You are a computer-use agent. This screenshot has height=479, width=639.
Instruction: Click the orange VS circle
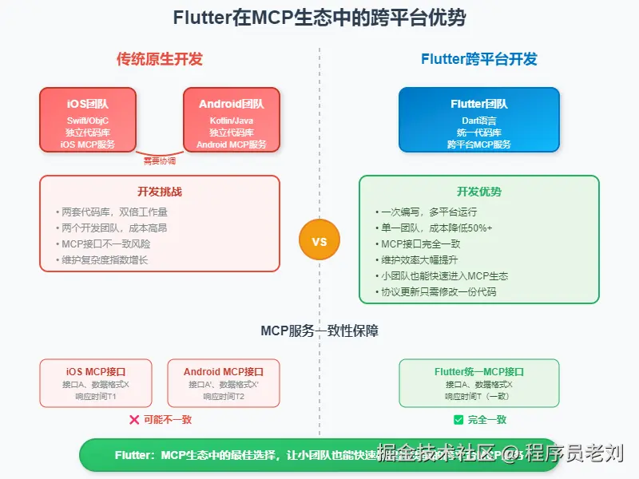pyautogui.click(x=319, y=241)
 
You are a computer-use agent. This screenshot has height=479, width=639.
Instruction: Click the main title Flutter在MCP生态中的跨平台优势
pyautogui.click(x=319, y=18)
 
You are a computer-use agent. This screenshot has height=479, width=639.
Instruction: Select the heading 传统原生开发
pyautogui.click(x=160, y=59)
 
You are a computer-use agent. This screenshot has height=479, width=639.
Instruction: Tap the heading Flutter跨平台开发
pyautogui.click(x=479, y=59)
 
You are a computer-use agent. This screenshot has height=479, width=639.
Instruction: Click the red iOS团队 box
pyautogui.click(x=88, y=120)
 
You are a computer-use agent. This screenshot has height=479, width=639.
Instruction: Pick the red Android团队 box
pyautogui.click(x=232, y=120)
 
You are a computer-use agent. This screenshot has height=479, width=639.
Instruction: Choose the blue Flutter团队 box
pyautogui.click(x=479, y=120)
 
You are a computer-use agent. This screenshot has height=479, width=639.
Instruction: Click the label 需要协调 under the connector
pyautogui.click(x=160, y=160)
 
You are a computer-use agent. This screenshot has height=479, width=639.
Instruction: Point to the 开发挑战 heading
pyautogui.click(x=160, y=192)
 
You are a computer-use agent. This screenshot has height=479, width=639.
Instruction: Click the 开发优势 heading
pyautogui.click(x=479, y=192)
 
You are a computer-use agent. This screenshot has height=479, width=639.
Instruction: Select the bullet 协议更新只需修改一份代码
pyautogui.click(x=438, y=291)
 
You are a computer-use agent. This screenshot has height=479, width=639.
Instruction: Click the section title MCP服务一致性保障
pyautogui.click(x=319, y=330)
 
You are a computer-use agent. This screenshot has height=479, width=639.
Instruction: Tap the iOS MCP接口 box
pyautogui.click(x=96, y=383)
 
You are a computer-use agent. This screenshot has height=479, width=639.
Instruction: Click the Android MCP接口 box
pyautogui.click(x=224, y=383)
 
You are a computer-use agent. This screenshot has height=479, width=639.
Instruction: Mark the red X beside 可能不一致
pyautogui.click(x=134, y=419)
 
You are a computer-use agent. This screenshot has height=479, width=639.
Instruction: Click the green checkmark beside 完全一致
pyautogui.click(x=458, y=419)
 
